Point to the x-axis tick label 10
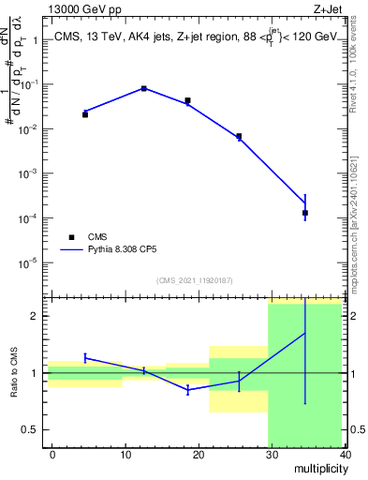tap(125, 455)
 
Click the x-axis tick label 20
tap(199, 455)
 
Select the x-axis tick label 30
tap(272, 455)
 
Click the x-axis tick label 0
tap(52, 455)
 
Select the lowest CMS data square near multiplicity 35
tap(305, 213)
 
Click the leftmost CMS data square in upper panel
tap(85, 114)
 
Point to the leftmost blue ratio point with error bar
tap(85, 357)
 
